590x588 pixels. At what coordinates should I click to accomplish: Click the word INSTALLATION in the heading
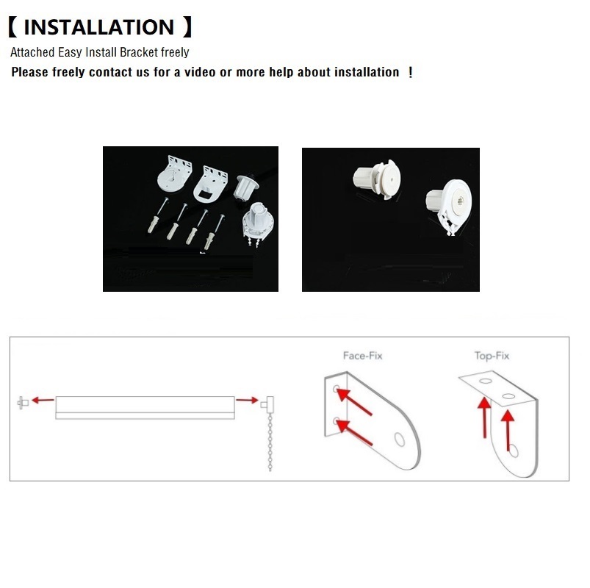(x=98, y=27)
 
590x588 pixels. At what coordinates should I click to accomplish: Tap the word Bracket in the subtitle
(x=139, y=52)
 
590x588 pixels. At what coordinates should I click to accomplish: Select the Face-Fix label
(x=362, y=356)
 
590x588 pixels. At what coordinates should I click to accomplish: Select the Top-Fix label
(x=492, y=356)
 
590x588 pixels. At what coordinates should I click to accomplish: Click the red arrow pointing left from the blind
(x=43, y=400)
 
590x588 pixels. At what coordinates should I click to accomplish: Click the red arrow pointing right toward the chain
(x=247, y=400)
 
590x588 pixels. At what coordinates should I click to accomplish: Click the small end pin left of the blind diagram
(x=23, y=403)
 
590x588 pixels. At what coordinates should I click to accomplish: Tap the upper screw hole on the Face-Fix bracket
(x=337, y=389)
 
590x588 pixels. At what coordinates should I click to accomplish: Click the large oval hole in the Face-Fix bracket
(x=399, y=440)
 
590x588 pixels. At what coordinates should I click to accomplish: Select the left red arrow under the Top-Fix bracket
(x=485, y=417)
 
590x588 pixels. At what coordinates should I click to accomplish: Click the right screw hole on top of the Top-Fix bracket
(x=508, y=396)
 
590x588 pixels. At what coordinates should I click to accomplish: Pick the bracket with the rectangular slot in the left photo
(x=211, y=184)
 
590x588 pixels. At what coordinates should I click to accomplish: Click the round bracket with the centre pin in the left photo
(x=174, y=175)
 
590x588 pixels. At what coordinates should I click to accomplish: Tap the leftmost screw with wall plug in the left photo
(x=157, y=216)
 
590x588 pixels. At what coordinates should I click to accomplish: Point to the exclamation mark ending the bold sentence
(x=410, y=72)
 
